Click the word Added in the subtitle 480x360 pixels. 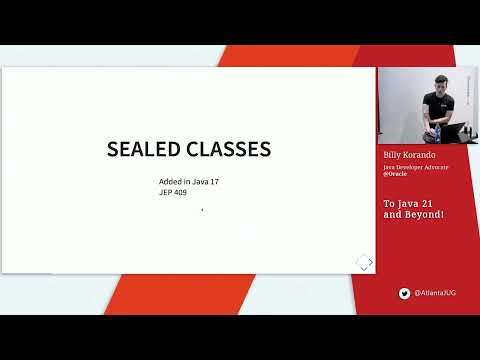click(170, 181)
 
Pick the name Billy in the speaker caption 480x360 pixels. click(393, 157)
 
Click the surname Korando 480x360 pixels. click(424, 157)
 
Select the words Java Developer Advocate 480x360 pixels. click(416, 167)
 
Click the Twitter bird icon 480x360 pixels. click(405, 293)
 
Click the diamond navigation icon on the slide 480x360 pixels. click(364, 261)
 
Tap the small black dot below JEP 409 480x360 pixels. click(202, 210)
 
